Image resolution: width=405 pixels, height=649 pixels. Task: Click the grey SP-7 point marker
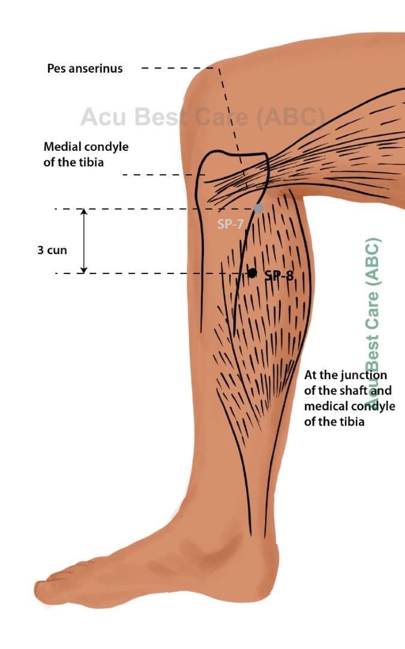[258, 209]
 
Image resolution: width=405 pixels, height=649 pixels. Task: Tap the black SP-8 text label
[279, 275]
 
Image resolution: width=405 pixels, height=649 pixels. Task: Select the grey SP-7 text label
[229, 225]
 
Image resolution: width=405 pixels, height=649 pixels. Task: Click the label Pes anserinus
[85, 69]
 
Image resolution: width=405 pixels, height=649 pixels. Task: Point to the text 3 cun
[52, 250]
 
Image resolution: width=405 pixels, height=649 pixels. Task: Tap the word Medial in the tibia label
[61, 147]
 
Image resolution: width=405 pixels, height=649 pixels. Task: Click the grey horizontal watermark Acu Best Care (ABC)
[202, 117]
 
